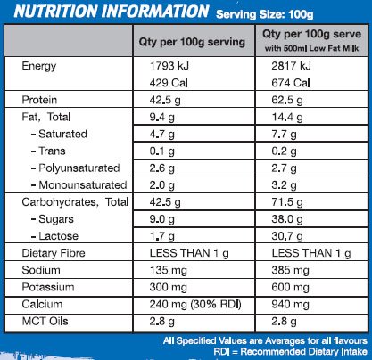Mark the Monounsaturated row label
click(x=81, y=184)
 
